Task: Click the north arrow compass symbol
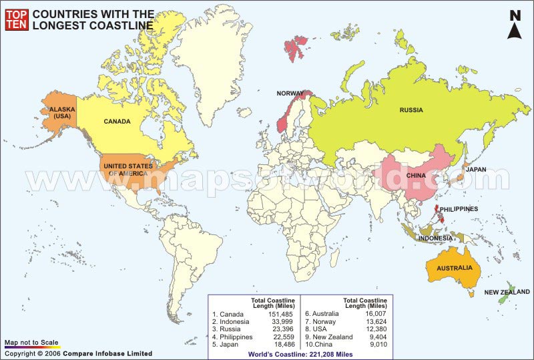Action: click(x=515, y=25)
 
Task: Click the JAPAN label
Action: click(x=476, y=170)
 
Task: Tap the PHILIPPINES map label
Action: click(x=459, y=209)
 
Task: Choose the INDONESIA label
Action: click(x=436, y=238)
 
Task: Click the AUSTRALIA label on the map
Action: click(x=454, y=268)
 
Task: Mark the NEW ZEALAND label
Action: click(x=507, y=292)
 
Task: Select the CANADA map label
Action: click(x=117, y=122)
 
